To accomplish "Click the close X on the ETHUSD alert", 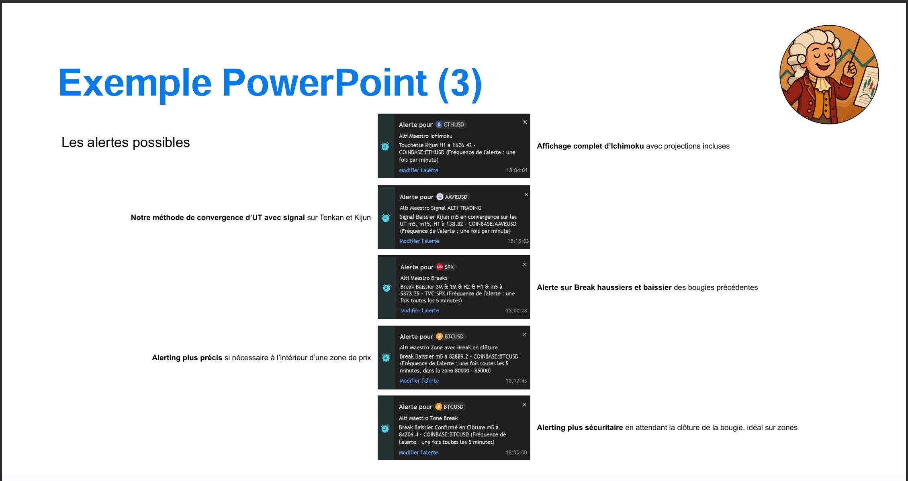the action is point(525,122).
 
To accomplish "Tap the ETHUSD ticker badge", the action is point(450,124).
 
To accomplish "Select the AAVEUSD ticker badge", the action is point(452,197).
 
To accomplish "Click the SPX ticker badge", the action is point(446,267).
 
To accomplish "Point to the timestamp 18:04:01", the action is point(516,170).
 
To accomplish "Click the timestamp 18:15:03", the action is point(518,241).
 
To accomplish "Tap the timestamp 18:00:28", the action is point(516,310).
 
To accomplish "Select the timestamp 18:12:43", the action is point(516,381).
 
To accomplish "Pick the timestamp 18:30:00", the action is point(516,452).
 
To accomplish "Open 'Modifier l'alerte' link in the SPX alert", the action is point(419,310).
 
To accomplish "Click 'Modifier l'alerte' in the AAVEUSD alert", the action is point(419,241).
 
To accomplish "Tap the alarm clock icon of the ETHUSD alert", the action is point(385,147).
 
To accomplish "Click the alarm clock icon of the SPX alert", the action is point(387,287).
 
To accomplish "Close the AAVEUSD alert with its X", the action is point(526,195).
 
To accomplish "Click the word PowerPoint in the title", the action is point(325,83).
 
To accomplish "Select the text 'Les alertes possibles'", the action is point(125,143).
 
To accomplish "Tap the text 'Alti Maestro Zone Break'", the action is point(428,418).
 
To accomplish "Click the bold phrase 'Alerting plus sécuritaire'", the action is point(580,428).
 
